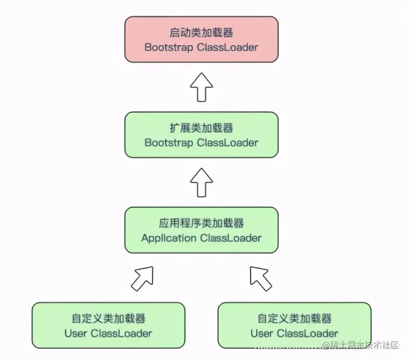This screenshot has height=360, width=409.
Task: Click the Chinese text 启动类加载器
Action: [201, 33]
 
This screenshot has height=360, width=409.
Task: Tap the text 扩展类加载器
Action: [201, 129]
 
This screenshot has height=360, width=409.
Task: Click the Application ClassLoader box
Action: [201, 231]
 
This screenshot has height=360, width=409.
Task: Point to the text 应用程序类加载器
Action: [201, 224]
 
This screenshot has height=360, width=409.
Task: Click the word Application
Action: [169, 238]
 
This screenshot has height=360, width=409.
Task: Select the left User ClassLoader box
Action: [108, 326]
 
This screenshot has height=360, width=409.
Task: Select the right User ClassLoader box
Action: [294, 326]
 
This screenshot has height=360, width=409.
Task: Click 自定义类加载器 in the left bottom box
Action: [108, 319]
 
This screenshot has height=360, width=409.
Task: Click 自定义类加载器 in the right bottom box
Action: [294, 319]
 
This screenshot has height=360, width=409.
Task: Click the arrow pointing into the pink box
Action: [201, 87]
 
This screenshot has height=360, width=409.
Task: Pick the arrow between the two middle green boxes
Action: [201, 182]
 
